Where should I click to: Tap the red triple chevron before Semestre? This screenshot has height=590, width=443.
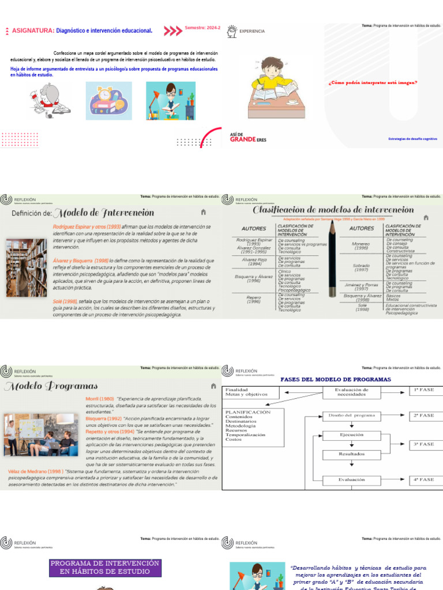[172, 31]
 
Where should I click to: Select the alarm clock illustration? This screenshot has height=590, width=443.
[108, 100]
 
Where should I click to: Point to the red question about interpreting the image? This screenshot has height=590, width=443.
[373, 82]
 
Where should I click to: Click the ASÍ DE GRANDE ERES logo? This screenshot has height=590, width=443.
[248, 137]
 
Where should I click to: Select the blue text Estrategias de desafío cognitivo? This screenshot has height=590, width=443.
[412, 139]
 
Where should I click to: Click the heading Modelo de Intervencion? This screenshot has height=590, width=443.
[107, 213]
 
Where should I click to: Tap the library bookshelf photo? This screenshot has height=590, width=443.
[26, 267]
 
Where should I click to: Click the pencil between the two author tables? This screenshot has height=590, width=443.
[332, 256]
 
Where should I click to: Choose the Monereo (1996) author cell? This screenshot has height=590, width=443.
[361, 246]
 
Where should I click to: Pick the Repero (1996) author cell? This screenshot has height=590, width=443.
[254, 298]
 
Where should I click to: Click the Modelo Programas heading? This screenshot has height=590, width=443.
[51, 386]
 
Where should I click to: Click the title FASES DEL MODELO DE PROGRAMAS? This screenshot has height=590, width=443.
[335, 380]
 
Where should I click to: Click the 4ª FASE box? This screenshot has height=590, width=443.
[423, 479]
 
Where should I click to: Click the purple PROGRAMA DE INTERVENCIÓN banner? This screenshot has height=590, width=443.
[104, 567]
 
